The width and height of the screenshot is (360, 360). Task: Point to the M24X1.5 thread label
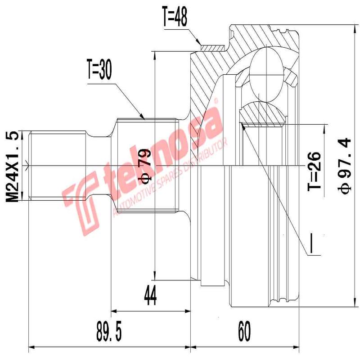[x=14, y=166]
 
